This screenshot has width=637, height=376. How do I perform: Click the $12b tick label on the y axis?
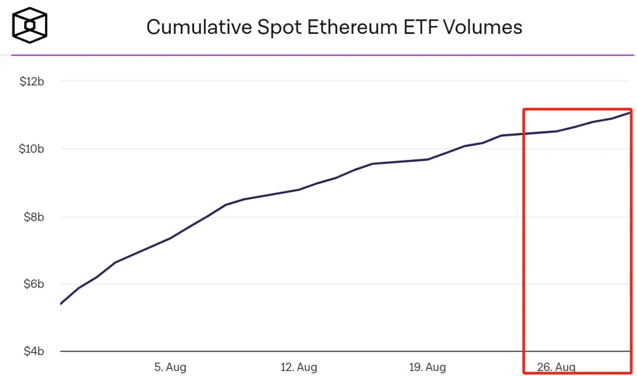tap(32, 82)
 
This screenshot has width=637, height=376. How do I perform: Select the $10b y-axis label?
tap(32, 149)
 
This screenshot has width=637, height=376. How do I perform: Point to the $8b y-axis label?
tap(33, 217)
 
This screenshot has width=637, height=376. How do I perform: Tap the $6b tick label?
tap(33, 285)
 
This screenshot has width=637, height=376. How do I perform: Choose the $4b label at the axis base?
tap(33, 352)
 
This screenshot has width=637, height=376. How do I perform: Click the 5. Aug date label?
tap(170, 367)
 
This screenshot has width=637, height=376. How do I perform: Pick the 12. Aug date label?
tap(299, 367)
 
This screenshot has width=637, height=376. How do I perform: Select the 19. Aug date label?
tap(428, 367)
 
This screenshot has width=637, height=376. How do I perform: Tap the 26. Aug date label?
tap(556, 367)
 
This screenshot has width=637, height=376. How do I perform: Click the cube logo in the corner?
tap(30, 25)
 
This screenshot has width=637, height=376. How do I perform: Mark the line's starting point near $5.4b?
tap(60, 304)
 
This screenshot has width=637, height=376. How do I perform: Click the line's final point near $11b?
tap(630, 112)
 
